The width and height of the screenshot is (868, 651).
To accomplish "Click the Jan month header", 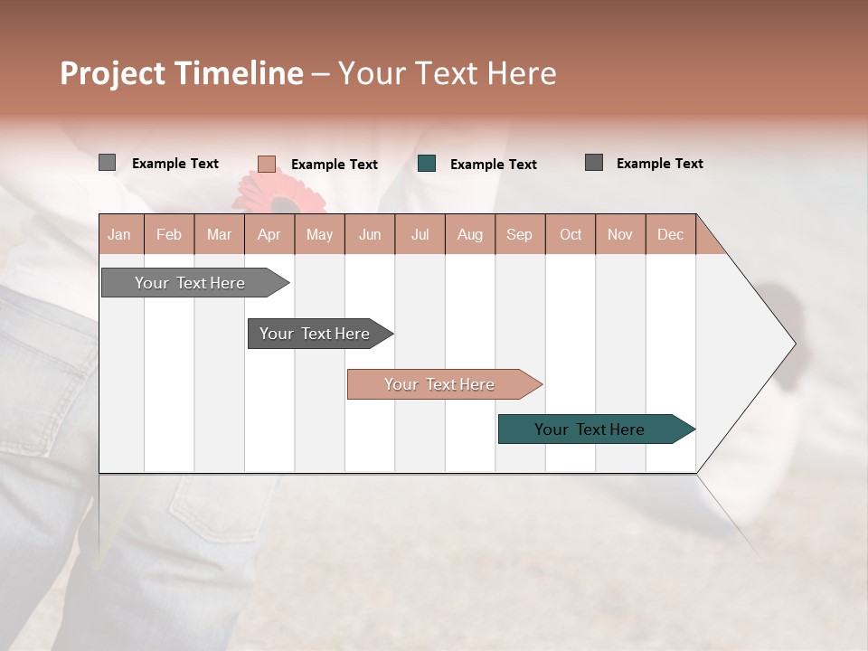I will [119, 234].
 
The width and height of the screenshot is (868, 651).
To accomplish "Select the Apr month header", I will [269, 234].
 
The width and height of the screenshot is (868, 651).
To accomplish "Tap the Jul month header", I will [420, 234].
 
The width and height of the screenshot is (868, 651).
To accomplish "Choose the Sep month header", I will [519, 234].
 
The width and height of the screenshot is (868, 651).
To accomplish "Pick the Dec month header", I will [670, 234].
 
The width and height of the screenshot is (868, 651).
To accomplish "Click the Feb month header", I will [169, 234].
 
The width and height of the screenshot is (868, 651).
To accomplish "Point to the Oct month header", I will [571, 234].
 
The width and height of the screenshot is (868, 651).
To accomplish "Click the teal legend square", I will [427, 164].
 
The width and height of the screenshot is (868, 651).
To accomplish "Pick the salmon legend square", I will [267, 164].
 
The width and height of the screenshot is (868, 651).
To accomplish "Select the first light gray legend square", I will [107, 163].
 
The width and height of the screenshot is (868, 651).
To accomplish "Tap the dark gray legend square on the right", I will [594, 163].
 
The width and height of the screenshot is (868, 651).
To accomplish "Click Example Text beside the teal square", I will [493, 165].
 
